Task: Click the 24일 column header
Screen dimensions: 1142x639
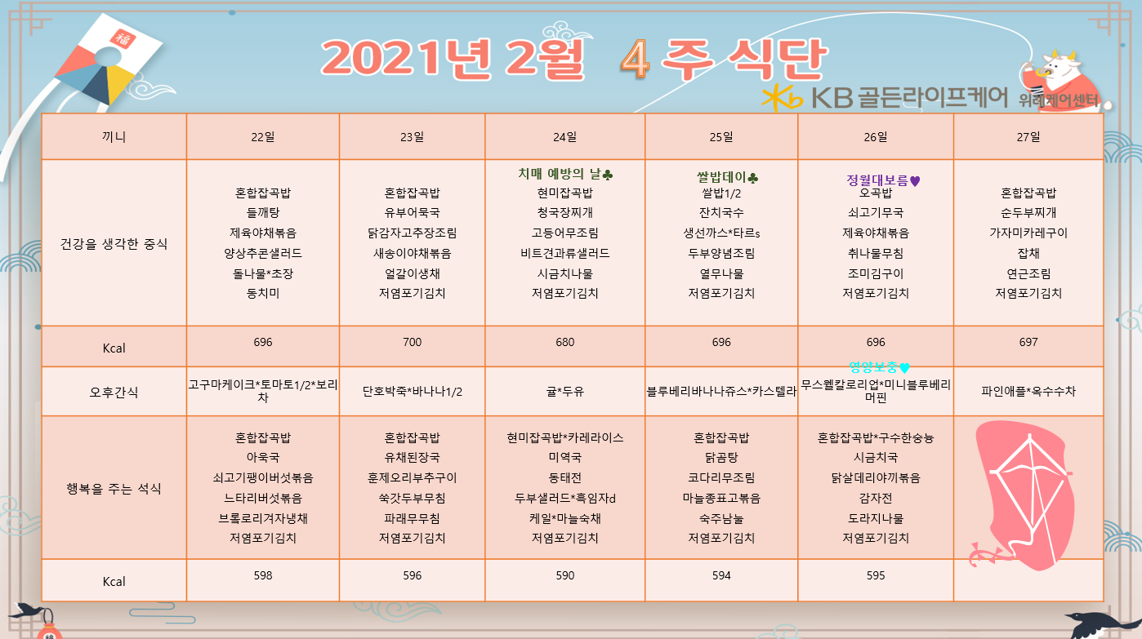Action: (x=564, y=137)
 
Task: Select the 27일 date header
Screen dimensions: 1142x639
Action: (x=1028, y=137)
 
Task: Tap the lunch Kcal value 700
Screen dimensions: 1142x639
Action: (x=412, y=342)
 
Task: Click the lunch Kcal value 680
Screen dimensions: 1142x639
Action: (x=564, y=342)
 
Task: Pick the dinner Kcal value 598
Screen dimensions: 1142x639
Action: (x=262, y=575)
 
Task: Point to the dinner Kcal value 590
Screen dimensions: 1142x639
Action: (x=564, y=575)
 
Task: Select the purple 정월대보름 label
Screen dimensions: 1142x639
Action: (x=877, y=180)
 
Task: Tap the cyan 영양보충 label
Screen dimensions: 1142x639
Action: (x=872, y=366)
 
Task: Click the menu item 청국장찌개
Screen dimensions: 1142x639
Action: (x=564, y=212)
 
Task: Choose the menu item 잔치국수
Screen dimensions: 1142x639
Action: (x=720, y=212)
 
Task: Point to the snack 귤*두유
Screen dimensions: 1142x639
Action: (x=564, y=391)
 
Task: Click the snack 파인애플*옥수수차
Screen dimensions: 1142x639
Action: (x=1028, y=391)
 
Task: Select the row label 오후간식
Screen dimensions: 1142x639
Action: (x=114, y=392)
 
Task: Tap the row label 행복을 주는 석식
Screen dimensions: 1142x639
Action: (x=114, y=489)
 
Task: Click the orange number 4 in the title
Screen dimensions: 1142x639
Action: (x=635, y=60)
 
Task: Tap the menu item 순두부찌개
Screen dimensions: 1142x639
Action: (x=1028, y=212)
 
